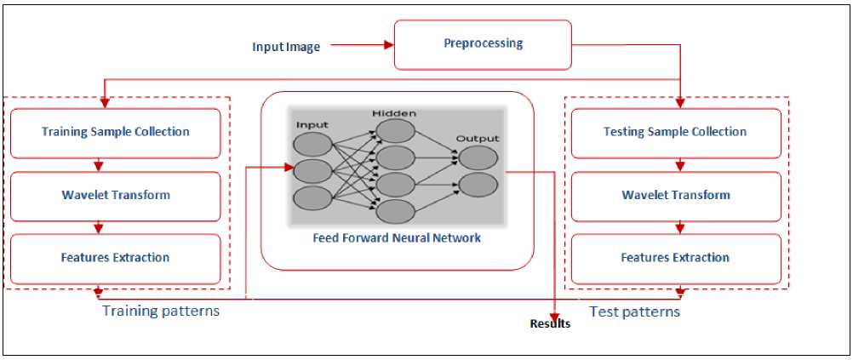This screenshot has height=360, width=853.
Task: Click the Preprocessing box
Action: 483,44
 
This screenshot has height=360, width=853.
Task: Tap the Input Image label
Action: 286,47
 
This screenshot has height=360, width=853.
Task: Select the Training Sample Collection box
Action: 115,132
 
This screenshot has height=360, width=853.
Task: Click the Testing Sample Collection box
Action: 674,132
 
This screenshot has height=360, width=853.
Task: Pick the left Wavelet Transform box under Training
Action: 115,195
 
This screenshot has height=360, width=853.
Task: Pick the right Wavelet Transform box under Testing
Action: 674,195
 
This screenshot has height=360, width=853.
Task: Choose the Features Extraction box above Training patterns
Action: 115,258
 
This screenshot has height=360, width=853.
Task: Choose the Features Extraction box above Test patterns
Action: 674,258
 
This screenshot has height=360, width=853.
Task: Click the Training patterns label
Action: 161,311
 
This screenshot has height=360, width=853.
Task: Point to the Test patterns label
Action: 635,312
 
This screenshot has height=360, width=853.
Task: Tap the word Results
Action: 550,324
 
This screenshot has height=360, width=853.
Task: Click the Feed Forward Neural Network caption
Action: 397,238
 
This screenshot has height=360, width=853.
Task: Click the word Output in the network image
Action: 478,138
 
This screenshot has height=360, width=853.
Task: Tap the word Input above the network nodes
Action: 312,125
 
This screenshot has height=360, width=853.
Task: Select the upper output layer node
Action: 478,157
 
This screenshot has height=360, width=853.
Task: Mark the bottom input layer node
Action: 312,198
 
